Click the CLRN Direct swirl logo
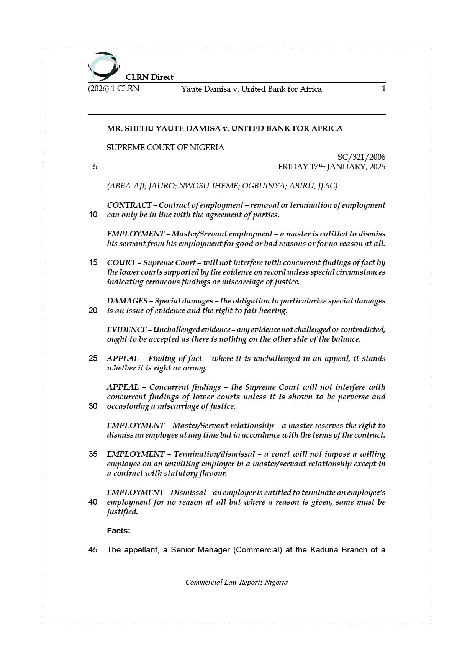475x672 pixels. click(103, 67)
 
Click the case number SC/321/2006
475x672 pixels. click(361, 157)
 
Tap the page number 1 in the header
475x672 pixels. click(383, 89)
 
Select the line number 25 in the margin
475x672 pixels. click(93, 358)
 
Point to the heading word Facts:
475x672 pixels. click(118, 531)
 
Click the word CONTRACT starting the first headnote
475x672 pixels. click(129, 205)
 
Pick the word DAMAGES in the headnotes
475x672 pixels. click(127, 301)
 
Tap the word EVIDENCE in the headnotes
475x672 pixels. click(127, 329)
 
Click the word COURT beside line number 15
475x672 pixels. click(121, 262)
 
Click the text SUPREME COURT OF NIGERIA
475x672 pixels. click(165, 148)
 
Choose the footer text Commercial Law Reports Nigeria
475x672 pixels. click(236, 582)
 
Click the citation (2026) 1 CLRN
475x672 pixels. click(114, 89)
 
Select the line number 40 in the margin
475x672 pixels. click(93, 502)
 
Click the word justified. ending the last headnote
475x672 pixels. click(122, 511)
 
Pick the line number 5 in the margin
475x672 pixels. click(95, 167)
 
